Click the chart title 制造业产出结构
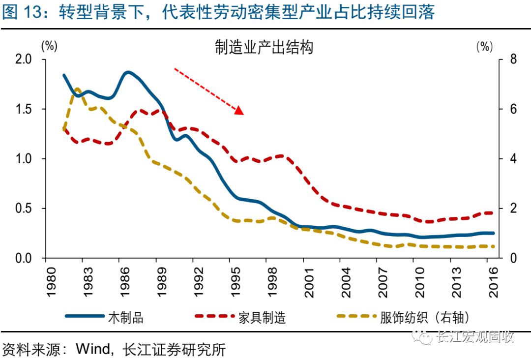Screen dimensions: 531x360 [x=264, y=47]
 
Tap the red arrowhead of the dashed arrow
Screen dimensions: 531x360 [x=239, y=110]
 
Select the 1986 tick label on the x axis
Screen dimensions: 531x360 [x=124, y=282]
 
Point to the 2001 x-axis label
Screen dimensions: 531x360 [x=309, y=282]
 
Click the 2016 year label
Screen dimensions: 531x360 [x=494, y=282]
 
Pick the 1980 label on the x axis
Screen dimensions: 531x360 [x=51, y=282]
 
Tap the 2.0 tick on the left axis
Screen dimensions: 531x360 [x=24, y=60]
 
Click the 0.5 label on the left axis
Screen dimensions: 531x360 [x=24, y=208]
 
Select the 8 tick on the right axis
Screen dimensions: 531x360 [x=513, y=60]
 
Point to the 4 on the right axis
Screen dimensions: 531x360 [x=513, y=158]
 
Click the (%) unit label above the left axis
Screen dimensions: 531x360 [x=49, y=46]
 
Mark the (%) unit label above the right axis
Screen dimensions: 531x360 [x=485, y=46]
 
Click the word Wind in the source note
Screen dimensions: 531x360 [x=92, y=349]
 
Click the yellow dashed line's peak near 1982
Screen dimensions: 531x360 [x=77, y=90]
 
